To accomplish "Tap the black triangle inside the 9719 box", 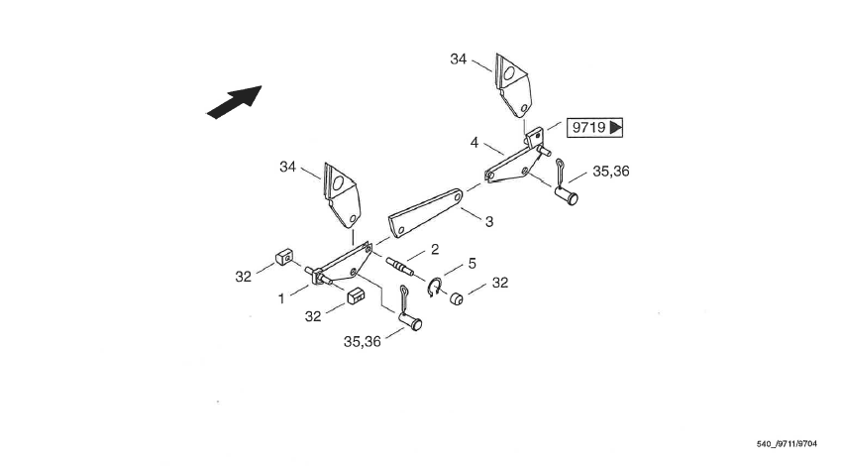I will [x=615, y=128].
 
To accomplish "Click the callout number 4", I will [x=474, y=143].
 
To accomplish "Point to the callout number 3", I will [x=488, y=222].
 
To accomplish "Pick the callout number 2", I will [x=434, y=250].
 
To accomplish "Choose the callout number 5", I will [x=472, y=264].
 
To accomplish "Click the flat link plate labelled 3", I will [x=426, y=214].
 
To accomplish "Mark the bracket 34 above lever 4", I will [x=514, y=89].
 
